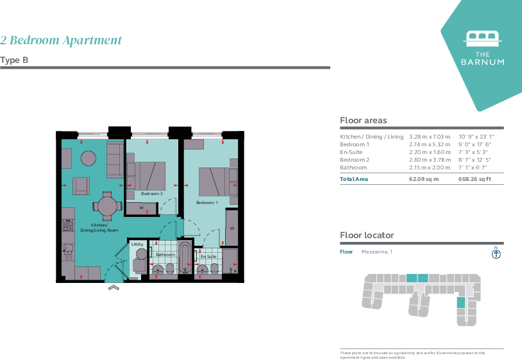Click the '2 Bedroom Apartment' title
(61, 40)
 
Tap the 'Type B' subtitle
(14, 60)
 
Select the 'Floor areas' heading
(363, 121)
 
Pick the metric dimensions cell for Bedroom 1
(430, 144)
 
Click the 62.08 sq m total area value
(424, 179)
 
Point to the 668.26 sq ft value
(475, 179)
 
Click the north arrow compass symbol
(496, 253)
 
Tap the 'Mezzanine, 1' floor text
(376, 252)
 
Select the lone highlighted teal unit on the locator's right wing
(460, 302)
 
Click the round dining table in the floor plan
(106, 206)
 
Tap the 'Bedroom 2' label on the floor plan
(152, 193)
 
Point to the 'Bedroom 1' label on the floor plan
(206, 203)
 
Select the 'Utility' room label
(137, 244)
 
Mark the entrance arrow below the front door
(113, 287)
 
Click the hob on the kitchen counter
(68, 225)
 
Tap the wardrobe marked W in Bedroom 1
(232, 228)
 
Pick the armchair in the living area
(81, 186)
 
